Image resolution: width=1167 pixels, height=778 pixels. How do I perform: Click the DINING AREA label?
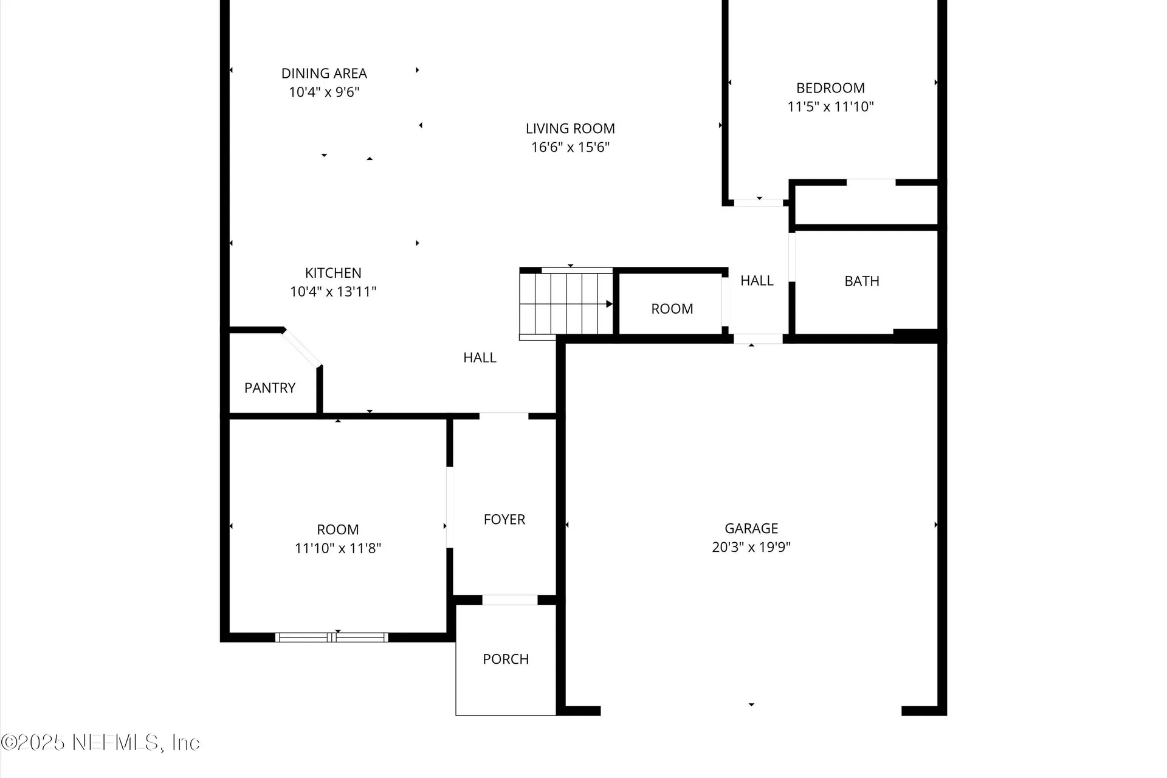pyautogui.click(x=324, y=74)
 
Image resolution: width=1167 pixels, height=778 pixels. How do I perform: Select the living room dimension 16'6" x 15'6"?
pyautogui.click(x=570, y=147)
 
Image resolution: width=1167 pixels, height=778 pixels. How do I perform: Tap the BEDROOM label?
pyautogui.click(x=830, y=88)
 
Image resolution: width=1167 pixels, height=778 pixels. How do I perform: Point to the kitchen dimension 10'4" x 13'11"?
pyautogui.click(x=333, y=292)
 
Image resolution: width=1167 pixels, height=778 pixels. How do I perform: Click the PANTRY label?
pyautogui.click(x=270, y=388)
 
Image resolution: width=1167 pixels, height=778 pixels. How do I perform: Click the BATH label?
pyautogui.click(x=861, y=281)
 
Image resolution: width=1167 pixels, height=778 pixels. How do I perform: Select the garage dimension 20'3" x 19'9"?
pyautogui.click(x=751, y=547)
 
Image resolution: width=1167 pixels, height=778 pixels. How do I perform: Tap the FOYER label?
pyautogui.click(x=504, y=520)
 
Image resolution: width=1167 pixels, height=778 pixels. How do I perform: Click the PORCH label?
pyautogui.click(x=506, y=659)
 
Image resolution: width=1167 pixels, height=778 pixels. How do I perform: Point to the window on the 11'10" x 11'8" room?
pyautogui.click(x=331, y=637)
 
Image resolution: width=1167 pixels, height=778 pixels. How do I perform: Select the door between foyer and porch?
pyautogui.click(x=510, y=600)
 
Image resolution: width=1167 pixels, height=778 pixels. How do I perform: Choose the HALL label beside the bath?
pyautogui.click(x=757, y=281)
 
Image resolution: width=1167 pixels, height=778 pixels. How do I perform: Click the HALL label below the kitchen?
pyautogui.click(x=480, y=358)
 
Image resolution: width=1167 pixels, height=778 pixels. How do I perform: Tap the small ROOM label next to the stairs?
pyautogui.click(x=672, y=309)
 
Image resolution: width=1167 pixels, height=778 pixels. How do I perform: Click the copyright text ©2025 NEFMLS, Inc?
pyautogui.click(x=100, y=743)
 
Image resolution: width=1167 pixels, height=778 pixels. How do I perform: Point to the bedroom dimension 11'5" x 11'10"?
pyautogui.click(x=830, y=107)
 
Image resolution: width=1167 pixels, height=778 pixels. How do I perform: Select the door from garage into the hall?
pyautogui.click(x=757, y=339)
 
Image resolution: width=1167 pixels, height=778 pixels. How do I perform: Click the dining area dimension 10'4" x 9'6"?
pyautogui.click(x=324, y=92)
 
